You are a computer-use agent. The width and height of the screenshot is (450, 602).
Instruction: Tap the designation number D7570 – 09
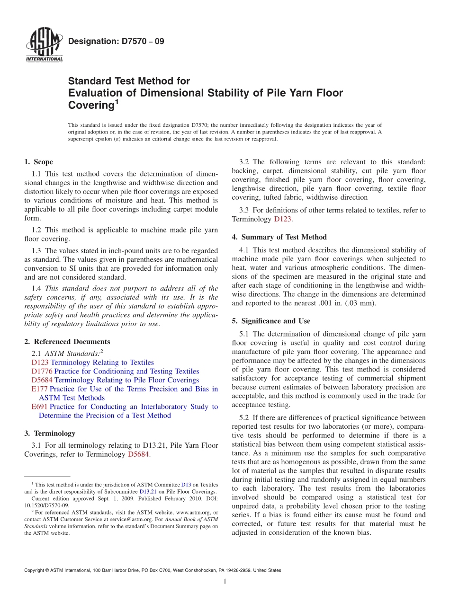pos(116,41)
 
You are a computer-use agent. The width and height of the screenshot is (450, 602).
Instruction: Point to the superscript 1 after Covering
pos(116,101)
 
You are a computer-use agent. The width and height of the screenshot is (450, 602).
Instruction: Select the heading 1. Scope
pos(38,162)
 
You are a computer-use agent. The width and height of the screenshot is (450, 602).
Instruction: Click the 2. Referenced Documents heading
pos(67,341)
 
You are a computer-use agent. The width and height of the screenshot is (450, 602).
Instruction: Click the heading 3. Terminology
pos(49,433)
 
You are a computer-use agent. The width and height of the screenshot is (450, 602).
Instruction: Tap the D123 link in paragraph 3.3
pos(283,219)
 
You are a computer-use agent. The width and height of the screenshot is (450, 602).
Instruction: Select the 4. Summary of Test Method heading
pos(279,237)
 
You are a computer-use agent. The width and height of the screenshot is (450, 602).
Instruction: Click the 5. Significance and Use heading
pos(271,321)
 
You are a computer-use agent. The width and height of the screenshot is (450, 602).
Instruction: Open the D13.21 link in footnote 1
pos(146,492)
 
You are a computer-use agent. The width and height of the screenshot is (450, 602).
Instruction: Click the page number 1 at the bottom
pos(225,581)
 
